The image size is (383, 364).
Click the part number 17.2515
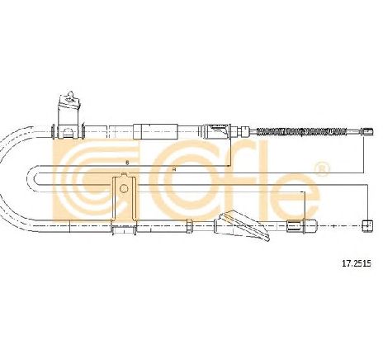point(357,263)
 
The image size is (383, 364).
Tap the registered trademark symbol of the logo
point(321,169)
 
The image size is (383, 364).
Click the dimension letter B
point(127,163)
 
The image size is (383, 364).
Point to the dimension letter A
point(174,169)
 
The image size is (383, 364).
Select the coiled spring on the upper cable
point(301,132)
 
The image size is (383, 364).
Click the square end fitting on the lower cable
point(368,226)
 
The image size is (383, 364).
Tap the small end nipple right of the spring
point(367,132)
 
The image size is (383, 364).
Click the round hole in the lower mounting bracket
point(124,188)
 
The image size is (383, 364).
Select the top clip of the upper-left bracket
point(71,95)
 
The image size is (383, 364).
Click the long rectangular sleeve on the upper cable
point(156,131)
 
